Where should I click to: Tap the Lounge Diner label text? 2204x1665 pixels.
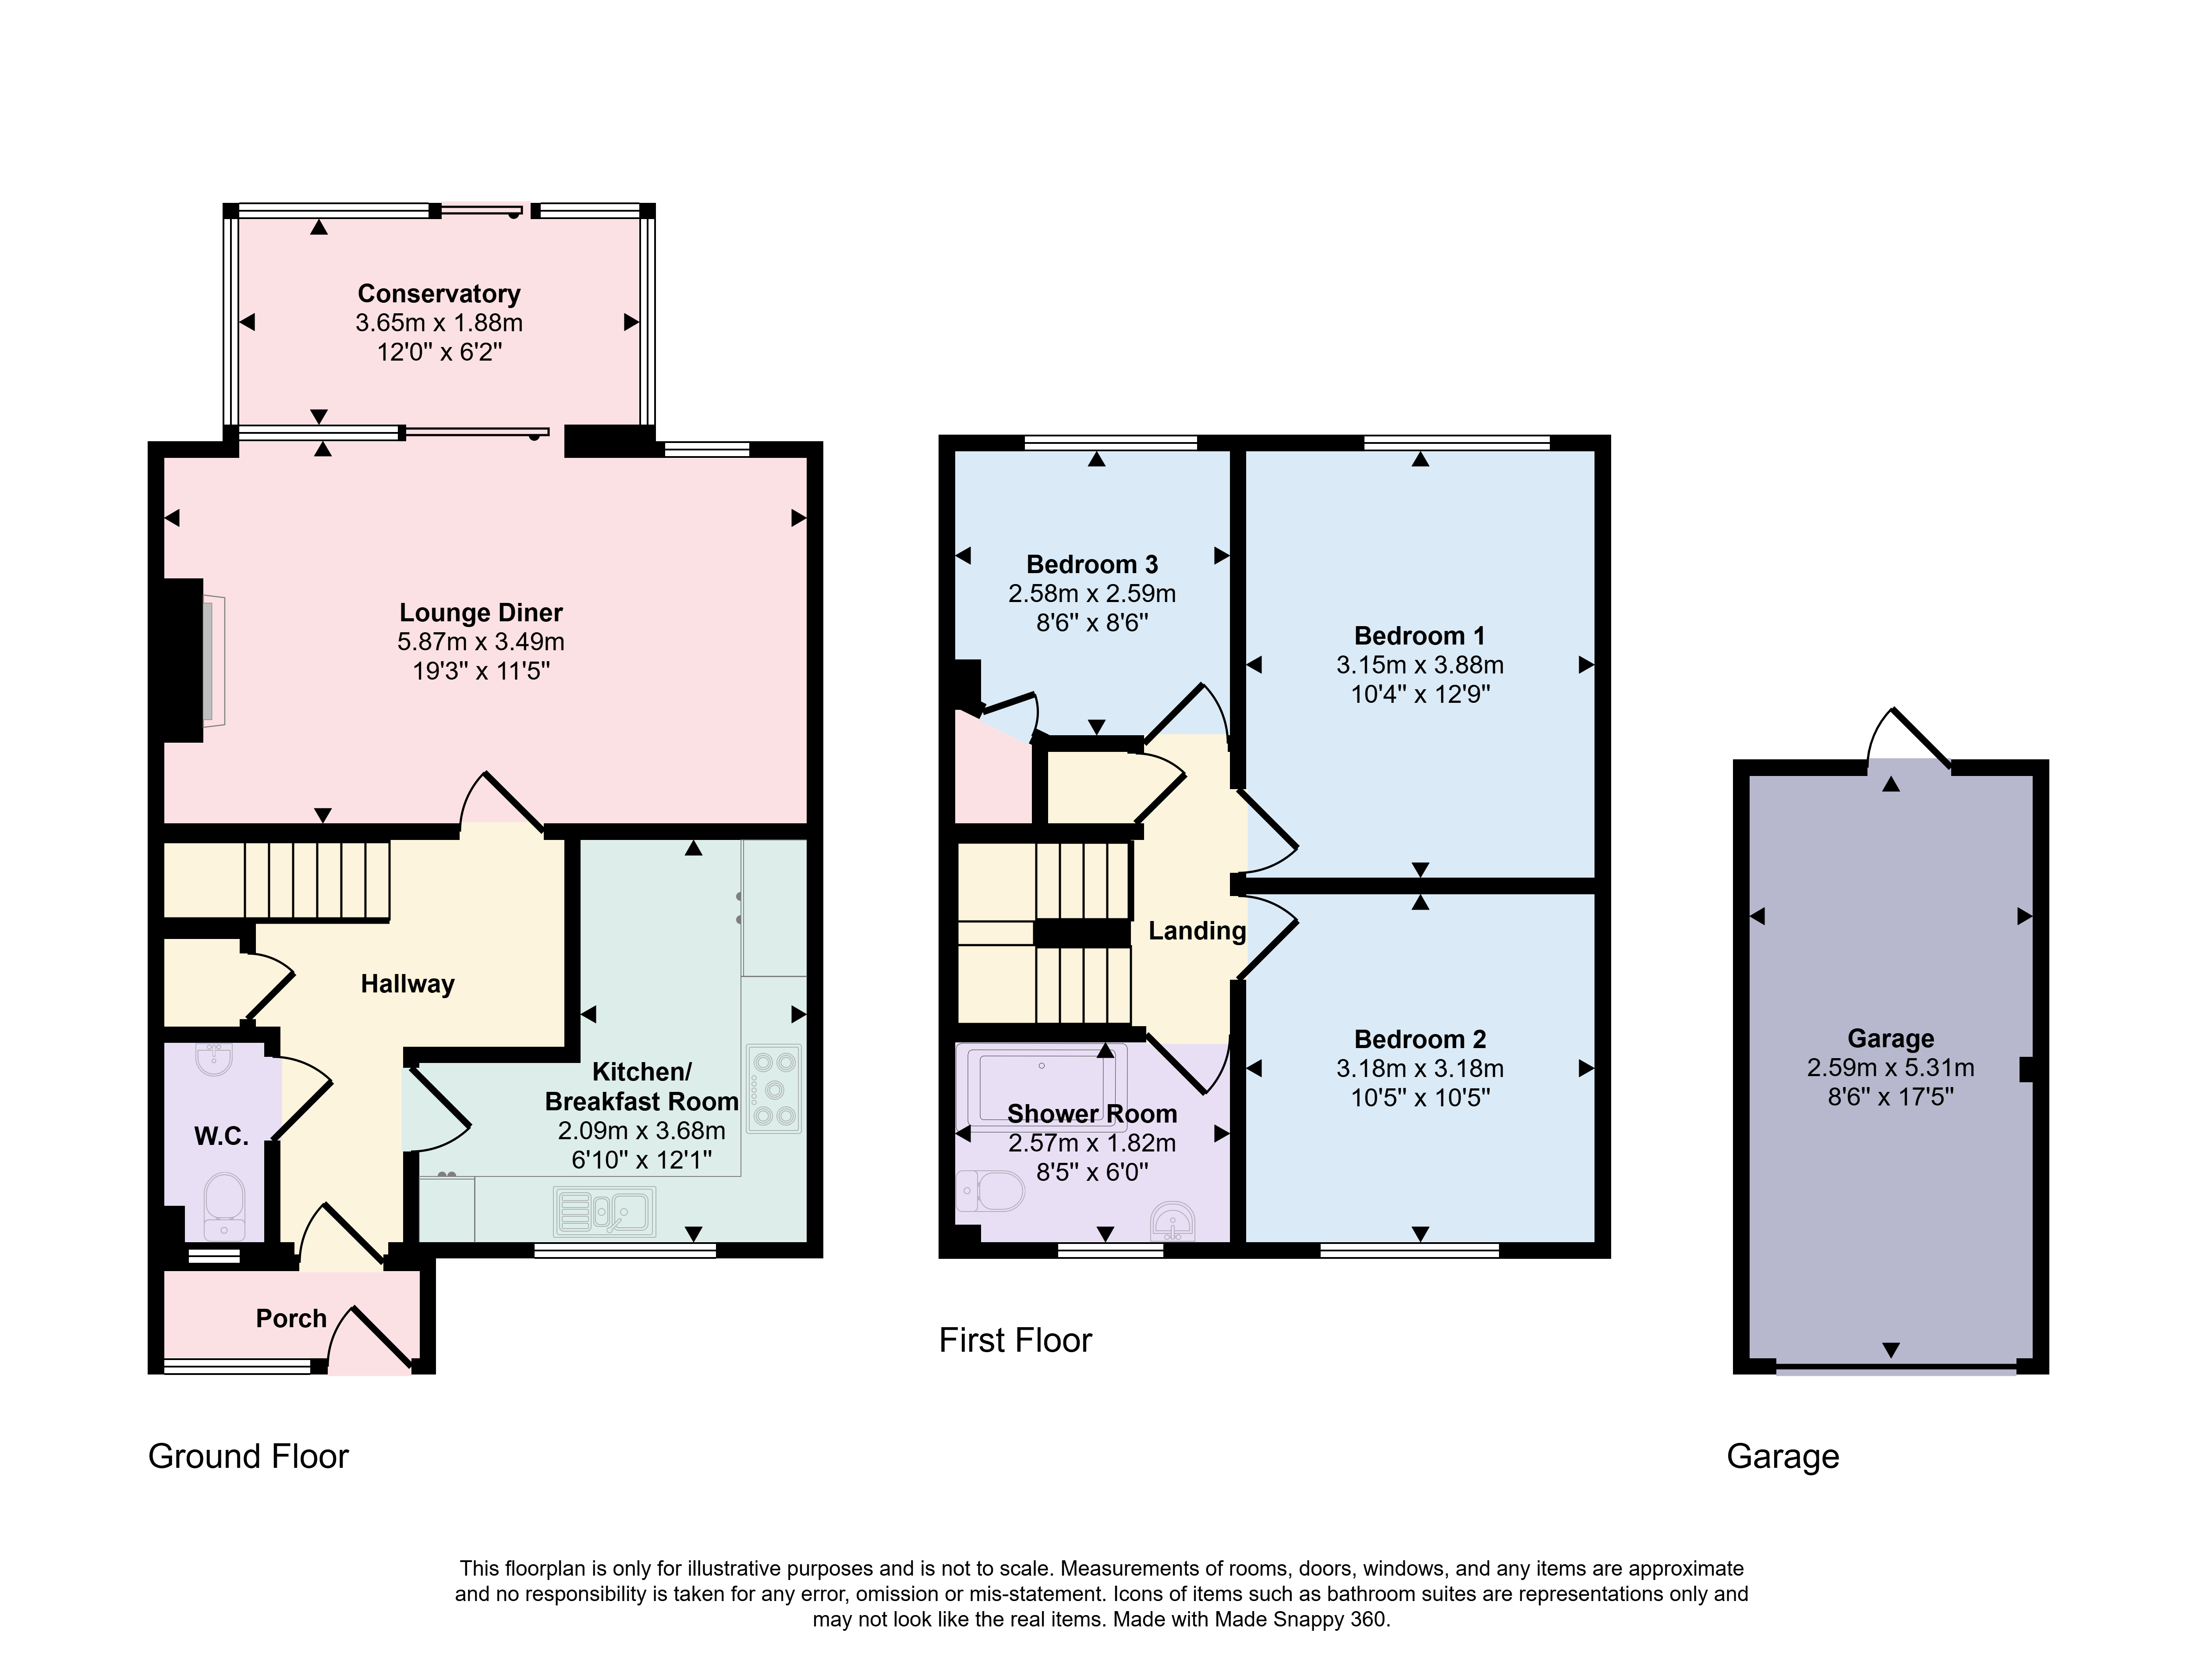[x=481, y=613]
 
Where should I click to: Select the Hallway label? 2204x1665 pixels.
[x=407, y=985]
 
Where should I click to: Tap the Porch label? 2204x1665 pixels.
[x=291, y=1319]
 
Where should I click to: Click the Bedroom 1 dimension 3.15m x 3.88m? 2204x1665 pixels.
[x=1420, y=665]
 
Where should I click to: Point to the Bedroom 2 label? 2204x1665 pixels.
[x=1420, y=1039]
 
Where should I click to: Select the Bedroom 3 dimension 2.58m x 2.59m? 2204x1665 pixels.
[x=1092, y=594]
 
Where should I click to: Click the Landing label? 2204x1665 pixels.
[x=1197, y=931]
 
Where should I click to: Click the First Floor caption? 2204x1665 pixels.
[x=1015, y=1340]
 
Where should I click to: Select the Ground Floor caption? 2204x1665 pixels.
[x=248, y=1457]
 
